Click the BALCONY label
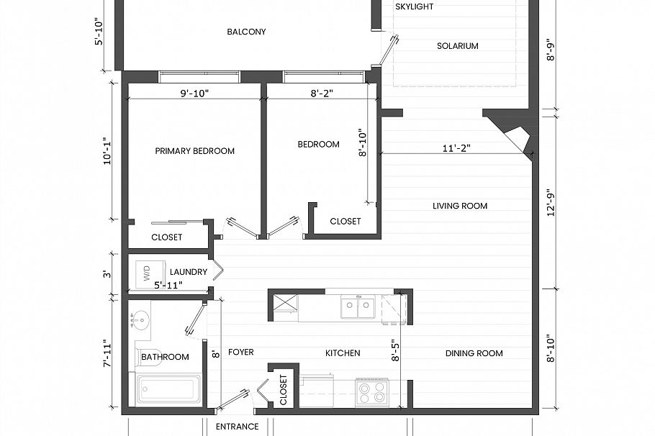click(246, 32)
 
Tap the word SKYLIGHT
click(414, 6)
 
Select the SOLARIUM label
click(457, 46)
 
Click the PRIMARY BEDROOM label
click(194, 151)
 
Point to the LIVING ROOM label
click(459, 206)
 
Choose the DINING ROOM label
click(474, 353)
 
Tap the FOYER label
click(240, 353)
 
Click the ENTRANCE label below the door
click(237, 427)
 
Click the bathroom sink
click(140, 319)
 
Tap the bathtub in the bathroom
click(167, 390)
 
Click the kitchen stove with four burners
click(372, 392)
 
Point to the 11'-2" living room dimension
click(456, 147)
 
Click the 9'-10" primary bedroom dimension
click(194, 93)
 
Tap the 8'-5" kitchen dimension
click(394, 350)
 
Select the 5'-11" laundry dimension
click(168, 286)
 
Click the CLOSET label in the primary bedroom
click(166, 237)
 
